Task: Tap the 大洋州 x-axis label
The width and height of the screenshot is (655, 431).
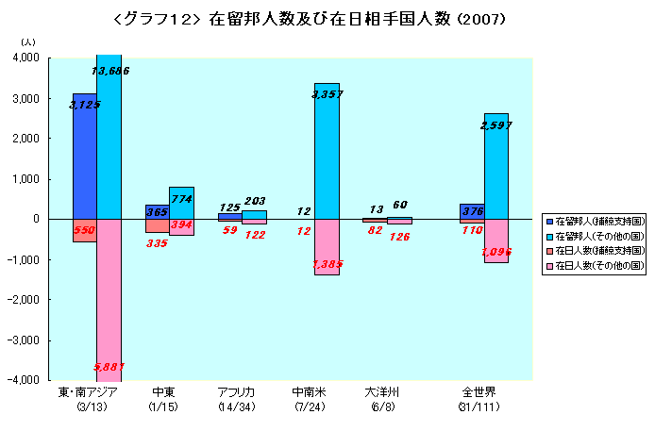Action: pos(387,392)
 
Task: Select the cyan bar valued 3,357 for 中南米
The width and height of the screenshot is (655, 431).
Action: pos(327,151)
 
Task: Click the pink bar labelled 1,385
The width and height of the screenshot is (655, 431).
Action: pos(327,247)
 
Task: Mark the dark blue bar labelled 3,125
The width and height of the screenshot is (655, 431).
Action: pos(85,156)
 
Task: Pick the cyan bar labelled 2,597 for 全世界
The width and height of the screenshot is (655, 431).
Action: pos(495,166)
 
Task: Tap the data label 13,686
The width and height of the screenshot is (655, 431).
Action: pos(109,71)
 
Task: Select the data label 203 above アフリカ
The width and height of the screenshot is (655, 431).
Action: pos(255,201)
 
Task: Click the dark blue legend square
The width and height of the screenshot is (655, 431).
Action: pos(549,219)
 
